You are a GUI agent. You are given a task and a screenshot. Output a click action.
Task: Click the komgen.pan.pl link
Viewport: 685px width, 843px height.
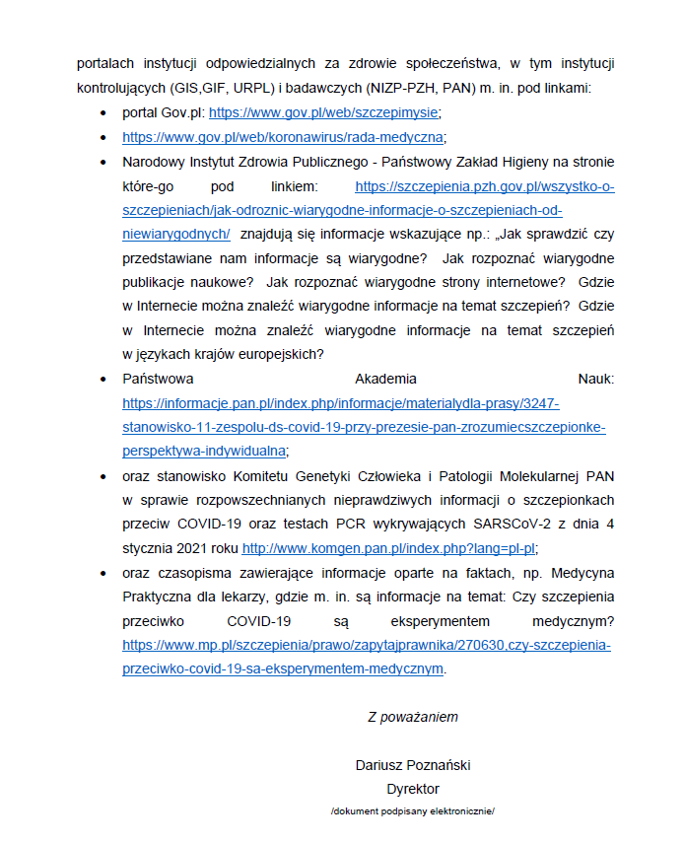[388, 549]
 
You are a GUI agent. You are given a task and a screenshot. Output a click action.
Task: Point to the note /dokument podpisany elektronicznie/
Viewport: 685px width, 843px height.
[413, 810]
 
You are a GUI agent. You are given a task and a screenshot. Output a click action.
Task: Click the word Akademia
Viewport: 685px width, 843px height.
[385, 379]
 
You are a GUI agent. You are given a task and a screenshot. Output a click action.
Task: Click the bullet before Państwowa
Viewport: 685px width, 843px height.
[104, 379]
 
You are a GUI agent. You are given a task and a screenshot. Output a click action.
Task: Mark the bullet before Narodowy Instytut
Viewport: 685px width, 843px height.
[104, 161]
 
